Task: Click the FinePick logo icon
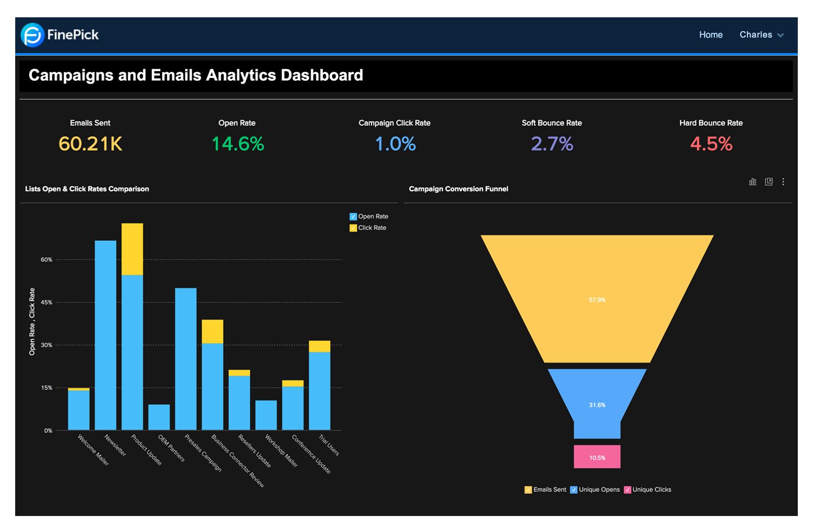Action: click(33, 35)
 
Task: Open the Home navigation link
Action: click(711, 35)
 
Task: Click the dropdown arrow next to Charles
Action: click(780, 35)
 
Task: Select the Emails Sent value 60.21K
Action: click(91, 144)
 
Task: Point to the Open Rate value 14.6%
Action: click(237, 144)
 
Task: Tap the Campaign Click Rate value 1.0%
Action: click(395, 144)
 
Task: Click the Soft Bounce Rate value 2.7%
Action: click(552, 144)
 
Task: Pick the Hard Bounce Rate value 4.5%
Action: click(711, 144)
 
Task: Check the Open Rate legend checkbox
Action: click(353, 217)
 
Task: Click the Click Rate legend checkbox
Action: click(353, 228)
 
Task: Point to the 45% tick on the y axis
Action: click(47, 302)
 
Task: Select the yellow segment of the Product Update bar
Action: click(132, 249)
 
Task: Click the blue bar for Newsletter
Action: click(106, 336)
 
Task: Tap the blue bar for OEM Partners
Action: click(159, 417)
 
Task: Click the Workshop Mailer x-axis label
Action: click(281, 450)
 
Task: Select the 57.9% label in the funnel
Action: click(597, 300)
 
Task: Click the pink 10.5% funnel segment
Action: click(597, 457)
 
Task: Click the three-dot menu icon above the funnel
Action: click(783, 182)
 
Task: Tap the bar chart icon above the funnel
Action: click(752, 182)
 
